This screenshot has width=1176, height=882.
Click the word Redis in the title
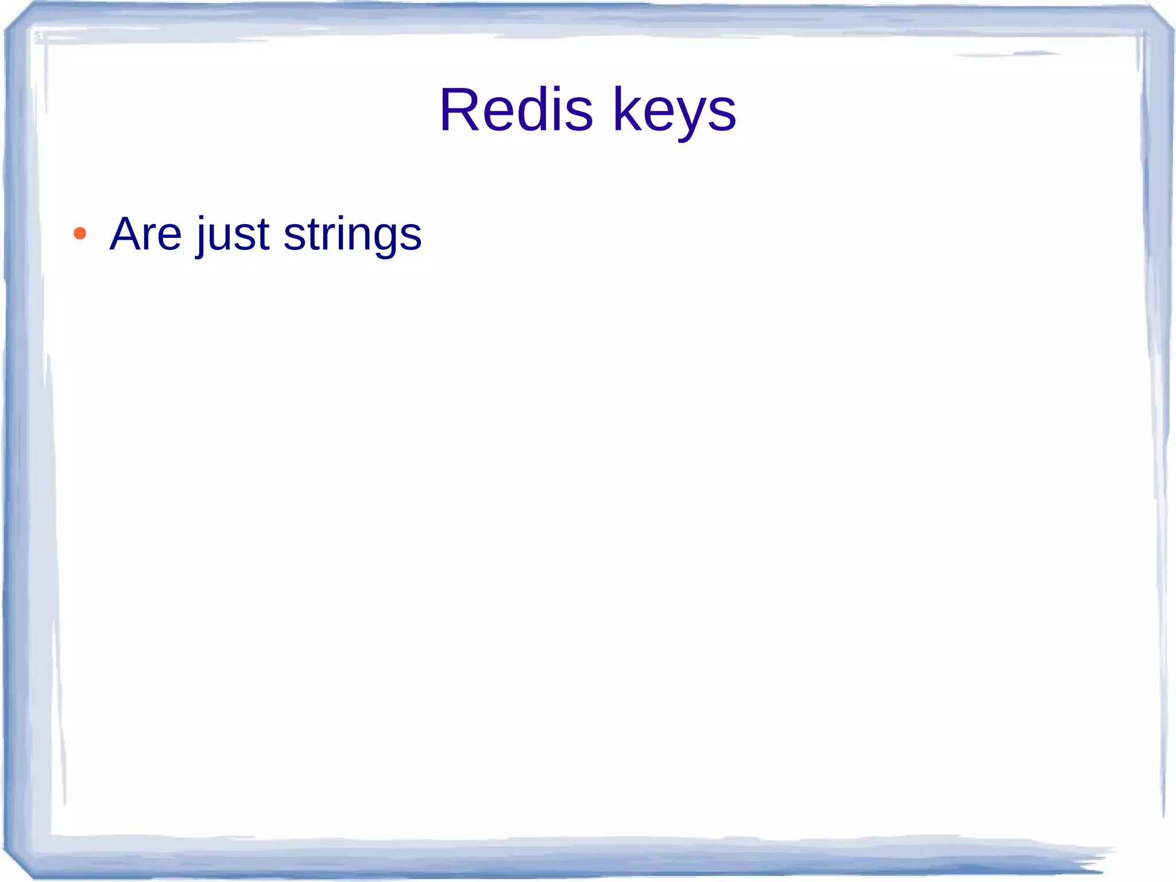516,110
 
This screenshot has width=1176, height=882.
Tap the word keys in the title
674,110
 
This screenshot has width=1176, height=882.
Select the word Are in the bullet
146,234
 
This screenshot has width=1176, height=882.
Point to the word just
233,234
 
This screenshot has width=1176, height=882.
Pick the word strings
353,234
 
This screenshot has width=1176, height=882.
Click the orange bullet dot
80,233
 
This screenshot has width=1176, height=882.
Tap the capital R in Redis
461,110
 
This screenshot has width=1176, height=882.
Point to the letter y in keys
691,118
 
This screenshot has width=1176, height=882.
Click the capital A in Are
126,234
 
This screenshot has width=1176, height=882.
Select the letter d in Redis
533,110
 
